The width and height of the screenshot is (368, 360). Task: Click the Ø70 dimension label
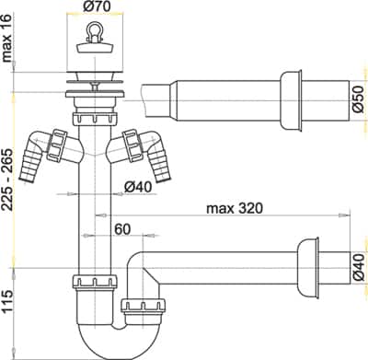(x=97, y=6)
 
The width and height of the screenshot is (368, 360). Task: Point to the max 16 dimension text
(x=6, y=38)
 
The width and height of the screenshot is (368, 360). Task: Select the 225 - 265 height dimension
(x=6, y=180)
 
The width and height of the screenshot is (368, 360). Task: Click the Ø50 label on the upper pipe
(x=359, y=99)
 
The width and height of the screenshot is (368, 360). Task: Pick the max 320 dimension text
(x=235, y=209)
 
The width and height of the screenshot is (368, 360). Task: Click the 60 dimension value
(x=122, y=229)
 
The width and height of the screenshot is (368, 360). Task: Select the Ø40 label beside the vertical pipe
(x=138, y=187)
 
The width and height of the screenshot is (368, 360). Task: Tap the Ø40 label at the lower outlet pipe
(x=359, y=267)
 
